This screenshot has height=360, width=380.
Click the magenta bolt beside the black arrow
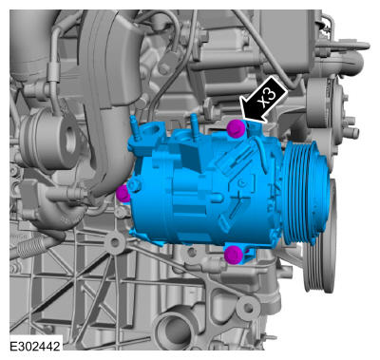pos(236,128)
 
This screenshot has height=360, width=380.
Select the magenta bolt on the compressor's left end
pos(123,194)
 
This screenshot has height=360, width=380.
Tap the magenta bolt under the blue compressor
pos(234,255)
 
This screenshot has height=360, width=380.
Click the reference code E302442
pos(35,346)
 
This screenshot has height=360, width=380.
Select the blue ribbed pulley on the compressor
pos(306,193)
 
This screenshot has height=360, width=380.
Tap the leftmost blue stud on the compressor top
pos(135,129)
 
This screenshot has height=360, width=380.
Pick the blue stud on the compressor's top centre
pos(195,126)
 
